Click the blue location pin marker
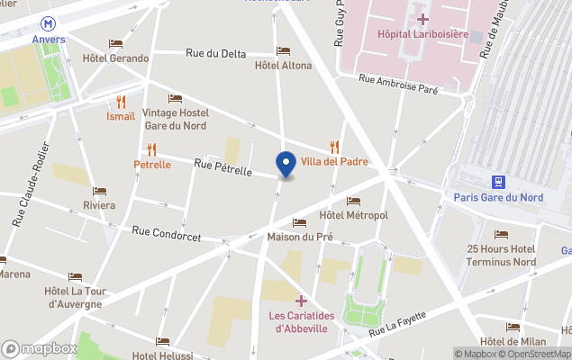point(286,164)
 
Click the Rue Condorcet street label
point(166,234)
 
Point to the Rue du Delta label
point(215,54)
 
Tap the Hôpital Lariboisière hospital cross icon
point(422,18)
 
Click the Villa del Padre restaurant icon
point(335,146)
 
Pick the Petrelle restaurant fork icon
point(151,149)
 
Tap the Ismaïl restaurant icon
point(121,102)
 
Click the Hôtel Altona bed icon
point(283,50)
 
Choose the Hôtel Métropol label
point(353,216)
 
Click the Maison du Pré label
point(300,238)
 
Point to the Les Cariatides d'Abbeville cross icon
point(301,301)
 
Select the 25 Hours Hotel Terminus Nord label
point(501,256)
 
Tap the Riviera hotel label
point(99,205)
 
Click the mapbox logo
point(40,348)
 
